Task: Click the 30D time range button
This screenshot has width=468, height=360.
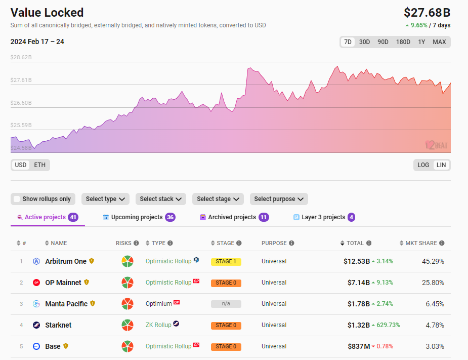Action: point(364,42)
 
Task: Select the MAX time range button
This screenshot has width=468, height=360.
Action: point(439,42)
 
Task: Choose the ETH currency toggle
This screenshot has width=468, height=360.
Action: point(39,165)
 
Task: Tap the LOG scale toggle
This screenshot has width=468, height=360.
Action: point(423,165)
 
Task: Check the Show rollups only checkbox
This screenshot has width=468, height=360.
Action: point(17,199)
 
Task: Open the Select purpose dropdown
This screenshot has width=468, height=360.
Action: point(278,199)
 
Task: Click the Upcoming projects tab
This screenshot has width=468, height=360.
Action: point(137,217)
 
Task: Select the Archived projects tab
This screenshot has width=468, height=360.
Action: point(232,217)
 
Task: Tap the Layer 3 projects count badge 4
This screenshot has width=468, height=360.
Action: point(351,217)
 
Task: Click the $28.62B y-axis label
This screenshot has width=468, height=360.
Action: point(21,58)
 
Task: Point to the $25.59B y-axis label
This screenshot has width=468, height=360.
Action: point(21,125)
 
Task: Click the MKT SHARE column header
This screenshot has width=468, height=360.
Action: point(421,243)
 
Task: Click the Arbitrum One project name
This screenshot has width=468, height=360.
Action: point(66,261)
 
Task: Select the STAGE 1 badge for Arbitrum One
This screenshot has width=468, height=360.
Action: point(226,262)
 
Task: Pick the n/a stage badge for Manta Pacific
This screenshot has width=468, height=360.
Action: point(226,304)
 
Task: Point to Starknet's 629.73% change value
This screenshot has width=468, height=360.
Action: point(388,325)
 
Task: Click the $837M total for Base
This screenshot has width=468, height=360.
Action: point(358,346)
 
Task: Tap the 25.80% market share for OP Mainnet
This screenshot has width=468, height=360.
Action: point(433,283)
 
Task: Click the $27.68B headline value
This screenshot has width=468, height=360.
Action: point(427,13)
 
